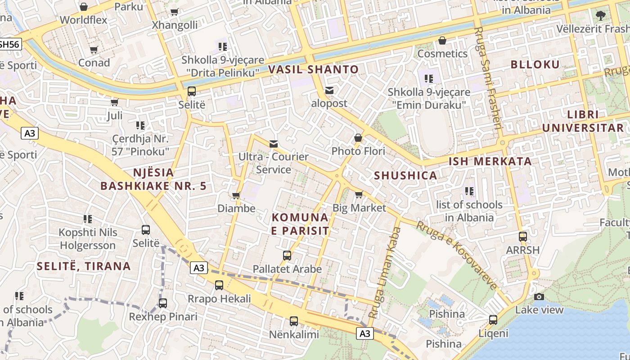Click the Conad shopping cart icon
[94, 50]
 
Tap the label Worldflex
[84, 20]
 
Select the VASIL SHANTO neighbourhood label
[313, 70]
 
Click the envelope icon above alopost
[330, 90]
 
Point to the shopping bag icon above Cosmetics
[442, 41]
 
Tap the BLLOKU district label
[535, 64]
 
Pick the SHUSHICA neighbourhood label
[405, 176]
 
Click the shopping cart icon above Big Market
[359, 195]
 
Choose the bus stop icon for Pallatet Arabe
[287, 256]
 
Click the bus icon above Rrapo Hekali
[219, 285]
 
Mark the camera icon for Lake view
[539, 297]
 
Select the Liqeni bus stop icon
[493, 320]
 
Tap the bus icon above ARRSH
[522, 237]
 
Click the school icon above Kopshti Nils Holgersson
[88, 219]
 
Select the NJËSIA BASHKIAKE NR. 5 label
[153, 179]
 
